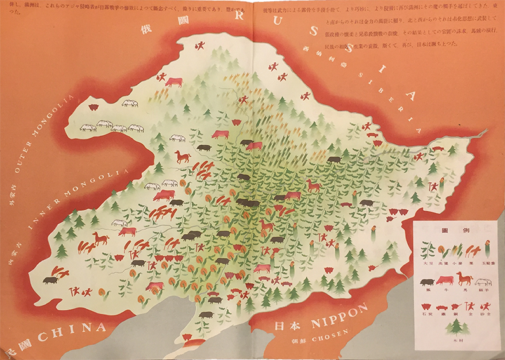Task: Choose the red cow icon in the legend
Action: pyautogui.click(x=447, y=279)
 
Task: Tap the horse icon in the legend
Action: pyautogui.click(x=464, y=279)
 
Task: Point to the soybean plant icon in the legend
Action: pyautogui.click(x=428, y=248)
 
